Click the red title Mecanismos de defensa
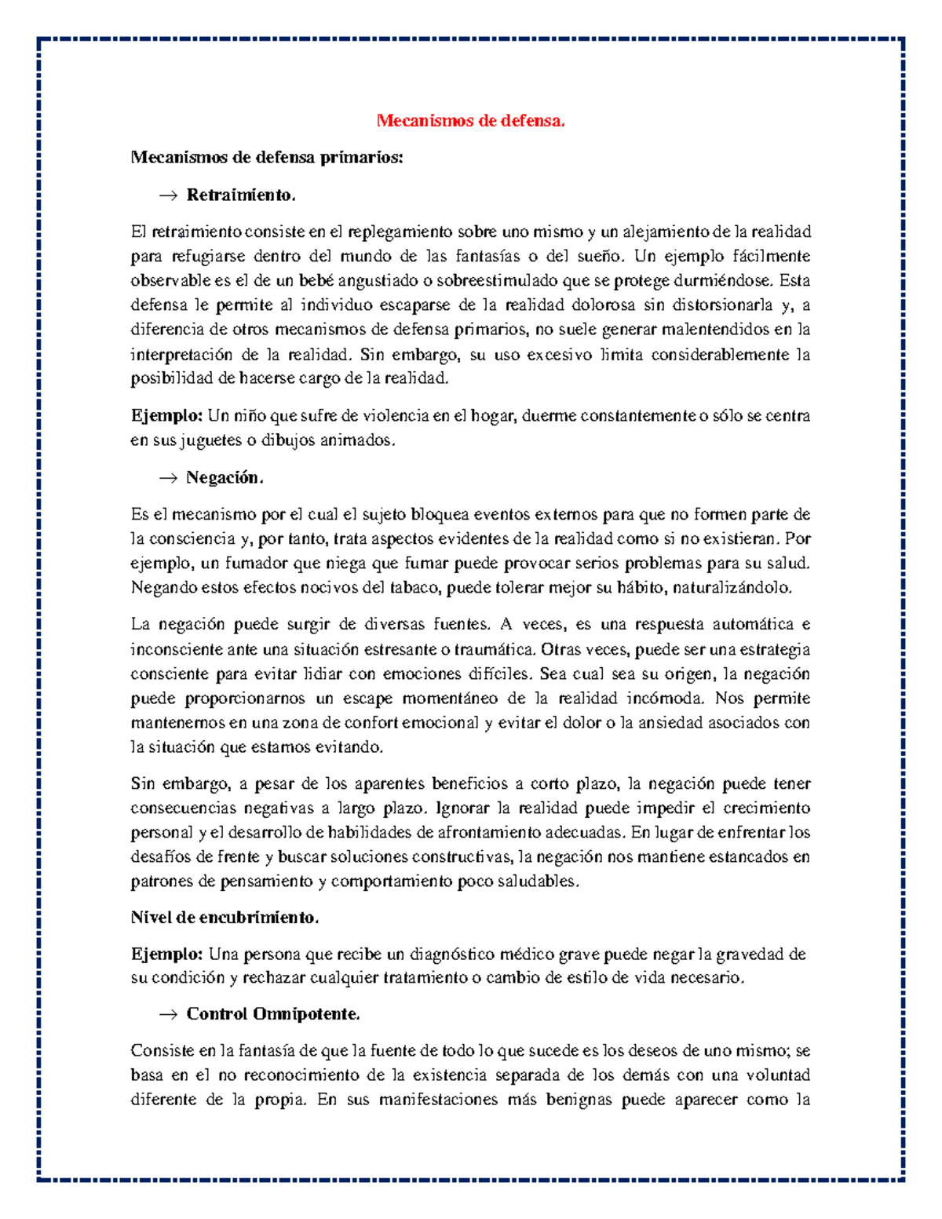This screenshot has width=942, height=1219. (x=470, y=120)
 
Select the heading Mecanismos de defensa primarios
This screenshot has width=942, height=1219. (x=266, y=157)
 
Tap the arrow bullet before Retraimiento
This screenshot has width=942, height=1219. (x=168, y=195)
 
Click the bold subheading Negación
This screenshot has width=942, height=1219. (x=225, y=477)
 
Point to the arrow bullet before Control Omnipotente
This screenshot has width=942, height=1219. (x=168, y=1015)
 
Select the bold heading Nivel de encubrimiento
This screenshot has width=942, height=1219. (x=225, y=918)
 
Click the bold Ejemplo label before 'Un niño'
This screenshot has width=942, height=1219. (x=166, y=415)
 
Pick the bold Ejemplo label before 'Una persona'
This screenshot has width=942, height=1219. (x=166, y=954)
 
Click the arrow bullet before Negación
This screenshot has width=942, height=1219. (x=168, y=478)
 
